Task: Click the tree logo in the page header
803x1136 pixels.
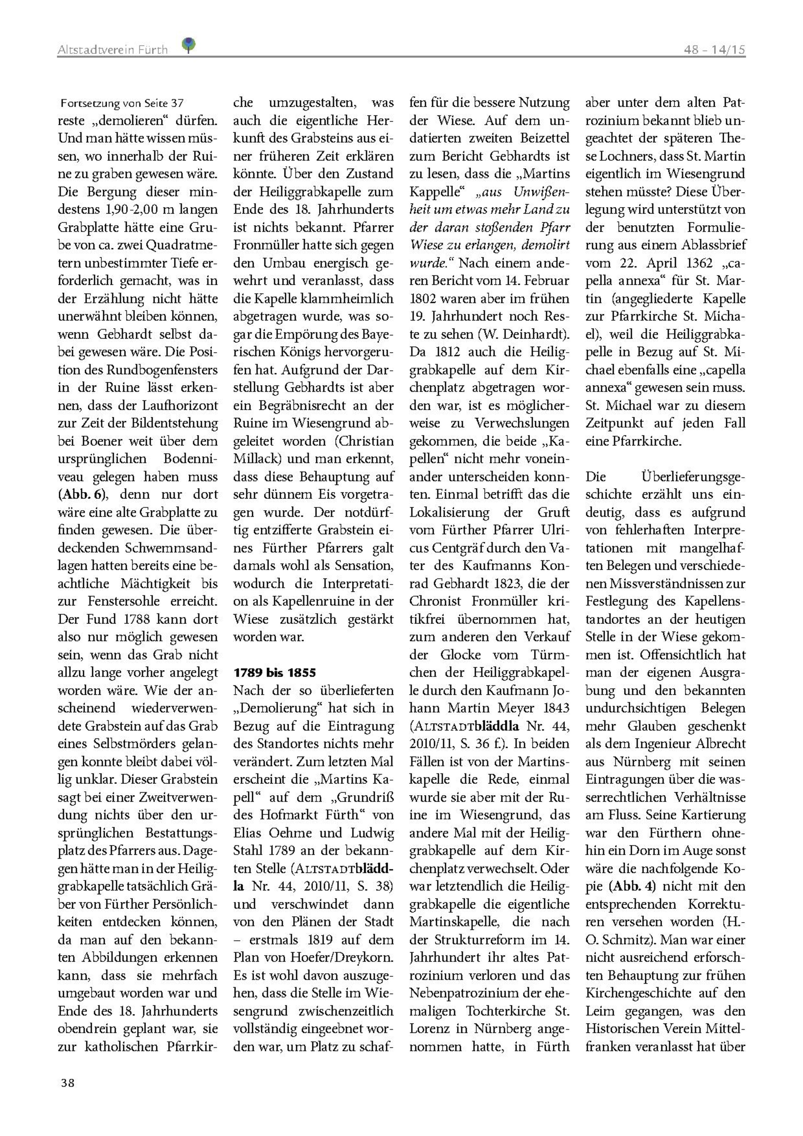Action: [x=188, y=45]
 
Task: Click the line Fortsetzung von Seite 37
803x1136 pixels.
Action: [x=122, y=104]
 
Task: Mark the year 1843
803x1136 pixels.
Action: [x=555, y=708]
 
